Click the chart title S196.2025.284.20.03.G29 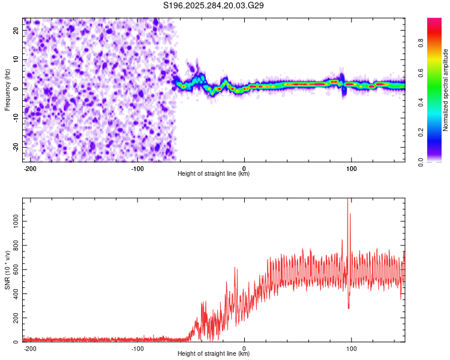214,6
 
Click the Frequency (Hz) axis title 7,90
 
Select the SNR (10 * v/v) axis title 7,270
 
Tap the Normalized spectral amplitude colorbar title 446,90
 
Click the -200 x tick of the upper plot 30,168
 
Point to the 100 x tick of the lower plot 351,348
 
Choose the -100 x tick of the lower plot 137,348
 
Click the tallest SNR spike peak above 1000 347,200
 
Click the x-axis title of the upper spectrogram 214,174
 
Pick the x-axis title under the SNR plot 214,354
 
